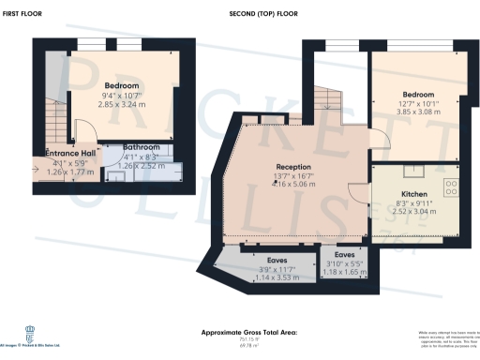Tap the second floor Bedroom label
tap(418, 95)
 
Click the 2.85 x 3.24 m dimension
tap(122, 104)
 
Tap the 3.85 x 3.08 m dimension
tap(418, 112)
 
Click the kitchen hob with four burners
tap(450, 186)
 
